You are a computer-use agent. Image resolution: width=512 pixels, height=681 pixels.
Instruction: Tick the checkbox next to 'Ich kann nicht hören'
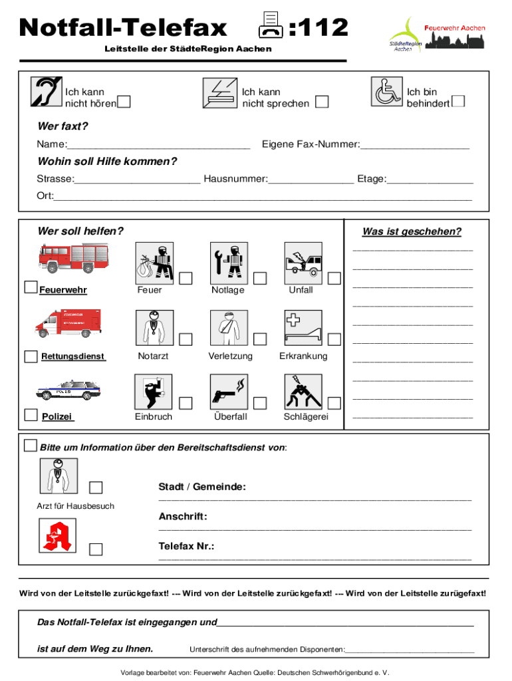pos(124,102)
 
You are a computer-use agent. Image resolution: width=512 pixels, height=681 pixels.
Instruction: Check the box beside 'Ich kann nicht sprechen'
pos(322,102)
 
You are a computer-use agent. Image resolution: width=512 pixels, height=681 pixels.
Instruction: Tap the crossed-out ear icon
pos(47,92)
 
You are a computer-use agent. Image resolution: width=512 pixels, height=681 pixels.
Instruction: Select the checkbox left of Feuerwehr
pos(31,287)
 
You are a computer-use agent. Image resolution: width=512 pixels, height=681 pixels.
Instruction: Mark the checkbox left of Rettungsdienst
pos(31,356)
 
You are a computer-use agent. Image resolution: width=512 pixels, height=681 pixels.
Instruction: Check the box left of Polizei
pos(31,416)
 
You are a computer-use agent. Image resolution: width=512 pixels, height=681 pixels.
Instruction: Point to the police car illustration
pos(68,390)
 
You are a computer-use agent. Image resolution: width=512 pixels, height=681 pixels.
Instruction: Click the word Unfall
pos(301,290)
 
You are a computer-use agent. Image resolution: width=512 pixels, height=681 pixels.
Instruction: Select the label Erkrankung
pos(303,356)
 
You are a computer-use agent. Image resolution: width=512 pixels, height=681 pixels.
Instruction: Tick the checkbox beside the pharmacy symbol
pos(96,549)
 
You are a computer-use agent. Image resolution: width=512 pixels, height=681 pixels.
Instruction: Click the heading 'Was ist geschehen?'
pos(412,231)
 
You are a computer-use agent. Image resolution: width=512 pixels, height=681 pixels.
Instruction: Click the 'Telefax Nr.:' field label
pos(186,546)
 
